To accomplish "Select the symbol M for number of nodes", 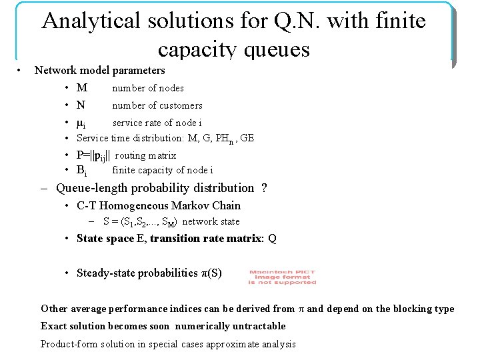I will (x=81, y=88).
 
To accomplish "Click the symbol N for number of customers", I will (x=81, y=105).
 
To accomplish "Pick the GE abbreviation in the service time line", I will (x=247, y=139).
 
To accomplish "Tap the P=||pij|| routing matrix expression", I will (x=93, y=155).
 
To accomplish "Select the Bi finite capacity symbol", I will (x=81, y=170).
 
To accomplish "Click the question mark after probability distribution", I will (x=265, y=188).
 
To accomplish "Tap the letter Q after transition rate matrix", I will (x=272, y=239).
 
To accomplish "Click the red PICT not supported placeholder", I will (x=282, y=277).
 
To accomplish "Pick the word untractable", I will (x=254, y=326).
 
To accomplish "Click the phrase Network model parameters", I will (x=99, y=70).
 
